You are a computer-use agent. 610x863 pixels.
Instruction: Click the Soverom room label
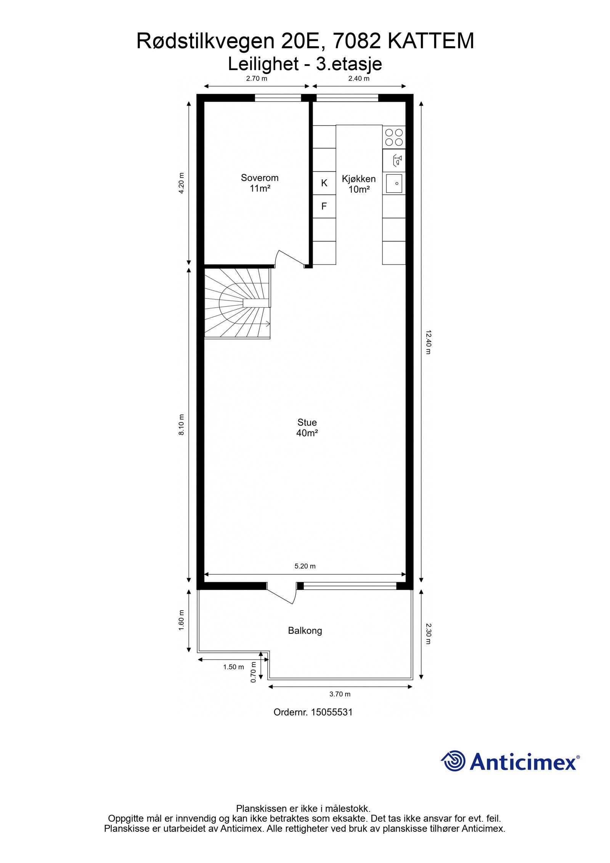coord(259,178)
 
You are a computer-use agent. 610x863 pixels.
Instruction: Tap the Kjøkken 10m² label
coord(358,184)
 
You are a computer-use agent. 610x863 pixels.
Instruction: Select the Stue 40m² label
coord(307,427)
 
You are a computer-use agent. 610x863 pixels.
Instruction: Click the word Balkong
coord(305,630)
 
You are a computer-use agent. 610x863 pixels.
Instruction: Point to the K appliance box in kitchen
coord(324,183)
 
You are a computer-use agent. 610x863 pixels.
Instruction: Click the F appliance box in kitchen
coord(324,206)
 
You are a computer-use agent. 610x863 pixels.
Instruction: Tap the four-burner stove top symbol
coord(394,137)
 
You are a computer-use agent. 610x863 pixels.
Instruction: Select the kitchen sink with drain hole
coord(394,183)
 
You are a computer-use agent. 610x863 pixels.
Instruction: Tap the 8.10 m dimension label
coord(181,424)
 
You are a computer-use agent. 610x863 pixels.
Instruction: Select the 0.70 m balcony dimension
coord(253,672)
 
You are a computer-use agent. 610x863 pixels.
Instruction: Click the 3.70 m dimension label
coord(340,694)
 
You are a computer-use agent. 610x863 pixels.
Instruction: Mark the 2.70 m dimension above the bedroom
coord(257,79)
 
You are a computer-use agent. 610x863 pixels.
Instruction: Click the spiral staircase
coord(236,303)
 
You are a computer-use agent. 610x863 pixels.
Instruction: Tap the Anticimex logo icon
coord(454,760)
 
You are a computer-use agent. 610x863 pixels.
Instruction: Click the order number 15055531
coord(331,712)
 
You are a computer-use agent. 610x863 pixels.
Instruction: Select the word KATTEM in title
coord(431,41)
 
